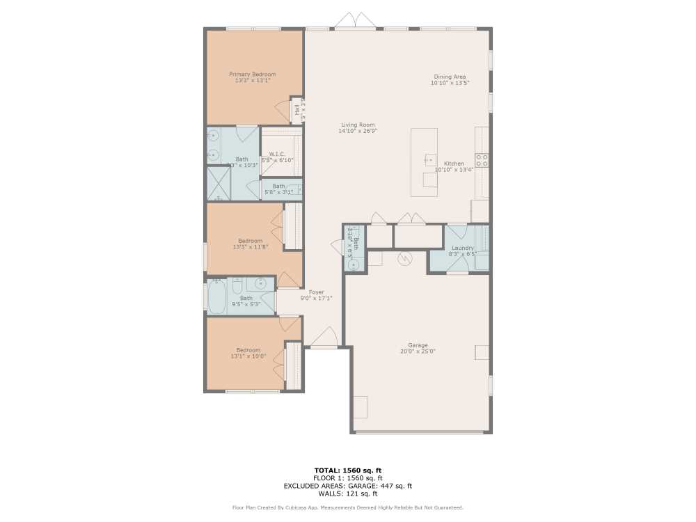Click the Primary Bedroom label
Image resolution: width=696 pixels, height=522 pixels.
click(253, 74)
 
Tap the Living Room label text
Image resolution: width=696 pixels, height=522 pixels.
click(357, 125)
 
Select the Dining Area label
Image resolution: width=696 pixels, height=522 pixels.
click(450, 77)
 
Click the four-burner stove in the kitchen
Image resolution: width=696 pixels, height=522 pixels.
click(482, 160)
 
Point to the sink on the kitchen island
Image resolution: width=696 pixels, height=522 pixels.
click(429, 160)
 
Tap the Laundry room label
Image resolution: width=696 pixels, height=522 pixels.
click(463, 248)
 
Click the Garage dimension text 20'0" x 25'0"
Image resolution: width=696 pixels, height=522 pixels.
click(418, 351)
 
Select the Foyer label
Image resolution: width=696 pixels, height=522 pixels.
click(316, 292)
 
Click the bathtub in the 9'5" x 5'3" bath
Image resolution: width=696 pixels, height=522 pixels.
click(217, 296)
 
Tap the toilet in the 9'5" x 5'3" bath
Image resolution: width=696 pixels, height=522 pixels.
click(237, 285)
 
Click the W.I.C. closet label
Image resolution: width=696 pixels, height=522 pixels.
click(277, 154)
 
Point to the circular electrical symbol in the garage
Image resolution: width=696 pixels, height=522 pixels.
click(404, 258)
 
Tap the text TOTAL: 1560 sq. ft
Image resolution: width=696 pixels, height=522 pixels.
click(348, 470)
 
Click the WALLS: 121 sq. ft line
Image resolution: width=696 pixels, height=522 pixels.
click(348, 493)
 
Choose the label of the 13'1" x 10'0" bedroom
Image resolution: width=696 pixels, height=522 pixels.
click(248, 350)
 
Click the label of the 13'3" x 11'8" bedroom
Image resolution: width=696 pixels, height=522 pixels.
click(250, 241)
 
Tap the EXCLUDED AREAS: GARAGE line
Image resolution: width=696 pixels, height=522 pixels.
click(348, 486)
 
